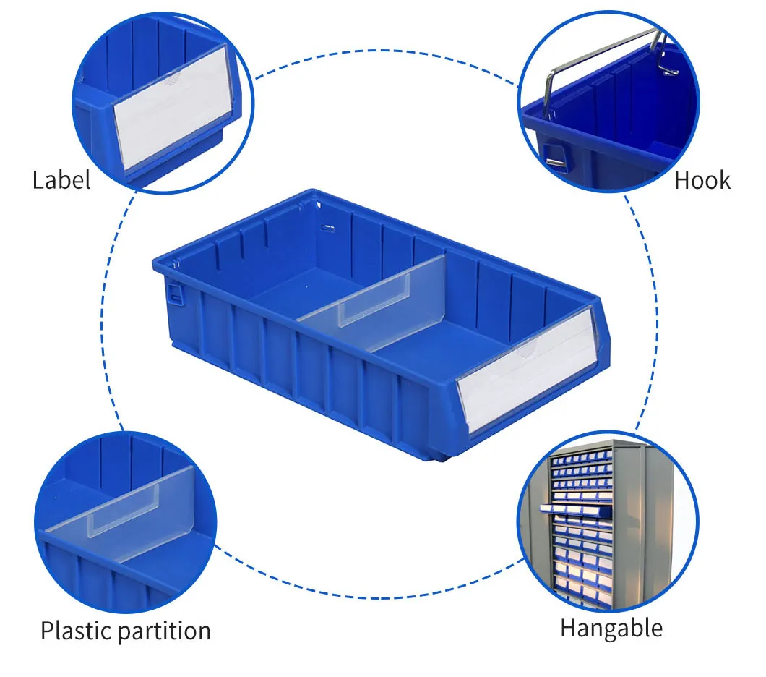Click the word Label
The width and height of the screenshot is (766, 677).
pyautogui.click(x=61, y=180)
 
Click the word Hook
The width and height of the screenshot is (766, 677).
pyautogui.click(x=702, y=180)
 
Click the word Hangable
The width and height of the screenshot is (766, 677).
pyautogui.click(x=611, y=627)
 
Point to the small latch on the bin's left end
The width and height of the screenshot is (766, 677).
pyautogui.click(x=174, y=294)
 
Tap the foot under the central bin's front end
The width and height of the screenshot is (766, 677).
pyautogui.click(x=441, y=455)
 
